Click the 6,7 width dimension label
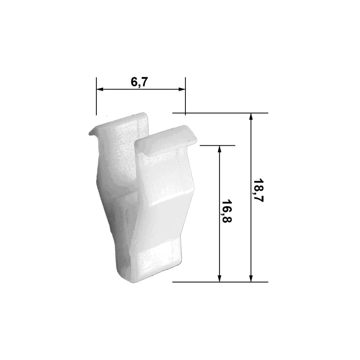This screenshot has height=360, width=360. tap(139, 82)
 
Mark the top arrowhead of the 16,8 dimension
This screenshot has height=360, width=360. tap(220, 150)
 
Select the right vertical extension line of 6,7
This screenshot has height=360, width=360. tap(185, 97)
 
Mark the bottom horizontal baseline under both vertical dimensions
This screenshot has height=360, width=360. tap(220, 282)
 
